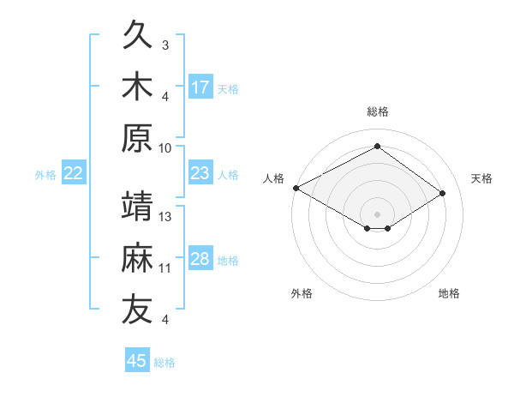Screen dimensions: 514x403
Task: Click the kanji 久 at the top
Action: click(137, 33)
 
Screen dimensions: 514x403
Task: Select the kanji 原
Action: click(137, 138)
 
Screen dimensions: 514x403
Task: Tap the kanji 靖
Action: click(137, 206)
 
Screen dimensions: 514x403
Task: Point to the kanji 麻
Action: click(137, 257)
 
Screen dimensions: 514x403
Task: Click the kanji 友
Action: click(137, 309)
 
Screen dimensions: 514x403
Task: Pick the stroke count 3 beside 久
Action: click(165, 45)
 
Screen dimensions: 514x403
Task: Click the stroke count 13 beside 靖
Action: click(164, 217)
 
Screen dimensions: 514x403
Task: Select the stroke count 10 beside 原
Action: click(164, 148)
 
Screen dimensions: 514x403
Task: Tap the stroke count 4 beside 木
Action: click(165, 97)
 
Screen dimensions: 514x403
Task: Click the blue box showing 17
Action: click(200, 87)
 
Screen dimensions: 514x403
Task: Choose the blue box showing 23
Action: click(200, 172)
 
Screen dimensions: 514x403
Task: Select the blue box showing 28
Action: click(200, 257)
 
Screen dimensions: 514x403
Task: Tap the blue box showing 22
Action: click(74, 172)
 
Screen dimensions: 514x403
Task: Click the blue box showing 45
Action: click(137, 359)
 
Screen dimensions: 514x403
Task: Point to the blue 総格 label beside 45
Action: click(164, 363)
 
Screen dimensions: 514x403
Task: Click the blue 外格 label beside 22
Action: click(45, 175)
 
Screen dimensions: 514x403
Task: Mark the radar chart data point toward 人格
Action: click(296, 188)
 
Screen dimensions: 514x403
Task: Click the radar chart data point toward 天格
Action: click(442, 193)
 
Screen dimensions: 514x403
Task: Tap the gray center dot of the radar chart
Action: click(377, 214)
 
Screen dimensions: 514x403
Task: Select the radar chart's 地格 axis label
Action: click(449, 293)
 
